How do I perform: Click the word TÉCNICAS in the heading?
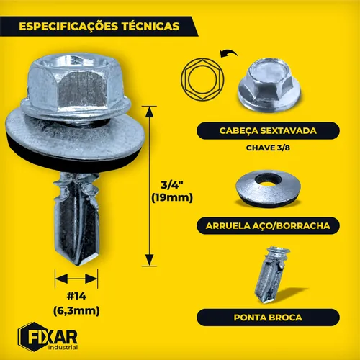click(150, 26)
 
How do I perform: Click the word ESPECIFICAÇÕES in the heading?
click(68, 27)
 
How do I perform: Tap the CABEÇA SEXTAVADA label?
click(268, 131)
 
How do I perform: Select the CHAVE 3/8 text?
click(268, 148)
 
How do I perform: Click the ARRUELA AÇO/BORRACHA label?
click(268, 226)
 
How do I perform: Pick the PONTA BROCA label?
click(268, 318)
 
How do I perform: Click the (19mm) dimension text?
click(172, 198)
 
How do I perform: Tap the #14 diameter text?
click(76, 296)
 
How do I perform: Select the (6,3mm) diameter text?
click(76, 311)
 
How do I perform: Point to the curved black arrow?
click(228, 52)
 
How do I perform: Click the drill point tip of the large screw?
click(78, 264)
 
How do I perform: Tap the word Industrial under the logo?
click(63, 348)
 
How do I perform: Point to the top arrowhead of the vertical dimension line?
click(149, 112)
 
